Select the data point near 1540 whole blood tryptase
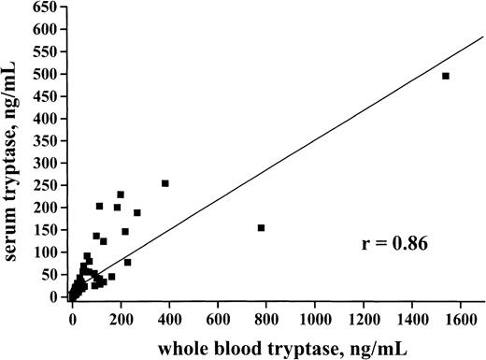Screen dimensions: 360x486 click(445, 76)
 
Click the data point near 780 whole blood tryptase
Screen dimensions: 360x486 click(261, 227)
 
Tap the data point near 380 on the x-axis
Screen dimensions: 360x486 click(164, 183)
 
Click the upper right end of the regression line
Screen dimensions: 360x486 click(481, 38)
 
